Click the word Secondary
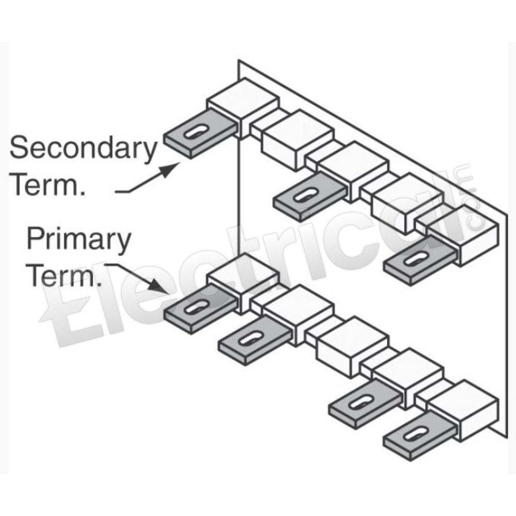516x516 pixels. [84, 149]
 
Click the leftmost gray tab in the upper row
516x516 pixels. [200, 134]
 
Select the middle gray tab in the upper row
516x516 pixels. [309, 197]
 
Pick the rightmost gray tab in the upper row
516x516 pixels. [420, 260]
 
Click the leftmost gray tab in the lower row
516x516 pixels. [200, 309]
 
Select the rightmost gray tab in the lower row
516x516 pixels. [420, 436]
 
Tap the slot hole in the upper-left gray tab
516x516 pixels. [196, 132]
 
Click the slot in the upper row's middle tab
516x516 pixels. [305, 195]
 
